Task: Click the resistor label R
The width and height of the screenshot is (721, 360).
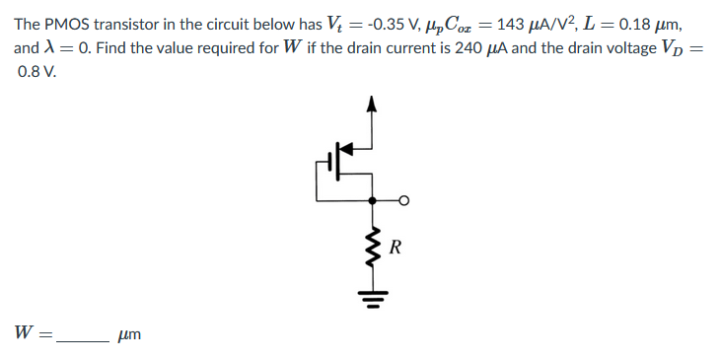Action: (395, 247)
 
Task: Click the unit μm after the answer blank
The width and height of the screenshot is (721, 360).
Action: (129, 337)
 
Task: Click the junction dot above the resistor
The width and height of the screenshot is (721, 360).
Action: (372, 200)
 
